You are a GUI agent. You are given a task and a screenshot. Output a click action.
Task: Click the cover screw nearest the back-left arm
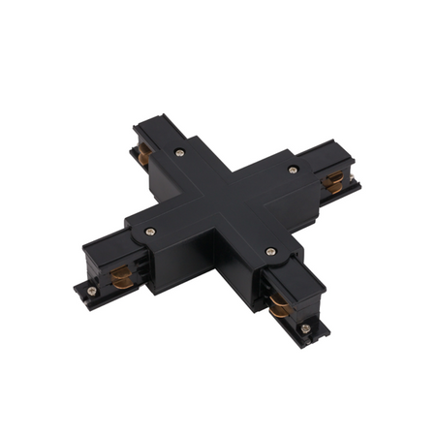pos(180,152)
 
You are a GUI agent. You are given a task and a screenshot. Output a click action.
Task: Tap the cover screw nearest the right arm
pos(293,171)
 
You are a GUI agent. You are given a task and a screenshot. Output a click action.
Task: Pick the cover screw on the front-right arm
pos(270,251)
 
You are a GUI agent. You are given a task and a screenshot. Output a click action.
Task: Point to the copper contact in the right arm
pos(333,180)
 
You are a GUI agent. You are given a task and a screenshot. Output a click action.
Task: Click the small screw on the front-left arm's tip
pos(90,290)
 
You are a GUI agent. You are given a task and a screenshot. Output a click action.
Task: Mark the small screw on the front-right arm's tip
pos(305,329)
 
